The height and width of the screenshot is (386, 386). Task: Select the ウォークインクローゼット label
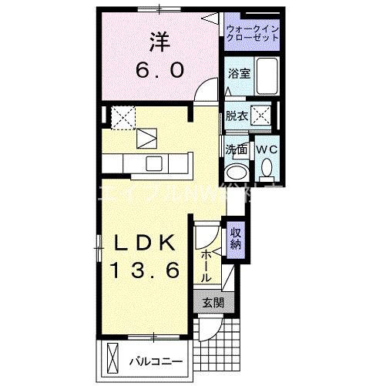click(253, 33)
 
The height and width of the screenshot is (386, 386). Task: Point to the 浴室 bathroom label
click(239, 74)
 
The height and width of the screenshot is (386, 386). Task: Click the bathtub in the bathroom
click(266, 76)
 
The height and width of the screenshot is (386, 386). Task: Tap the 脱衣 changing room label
click(237, 116)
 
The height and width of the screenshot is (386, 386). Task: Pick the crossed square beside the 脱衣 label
click(263, 117)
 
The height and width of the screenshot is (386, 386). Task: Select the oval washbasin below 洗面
click(236, 172)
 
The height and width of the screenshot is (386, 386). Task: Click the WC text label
click(267, 149)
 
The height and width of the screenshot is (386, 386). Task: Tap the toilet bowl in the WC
click(267, 167)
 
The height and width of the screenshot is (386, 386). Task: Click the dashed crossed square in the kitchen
click(123, 117)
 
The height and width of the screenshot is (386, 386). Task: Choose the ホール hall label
click(206, 265)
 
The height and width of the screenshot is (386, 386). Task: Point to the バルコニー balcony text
click(153, 361)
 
